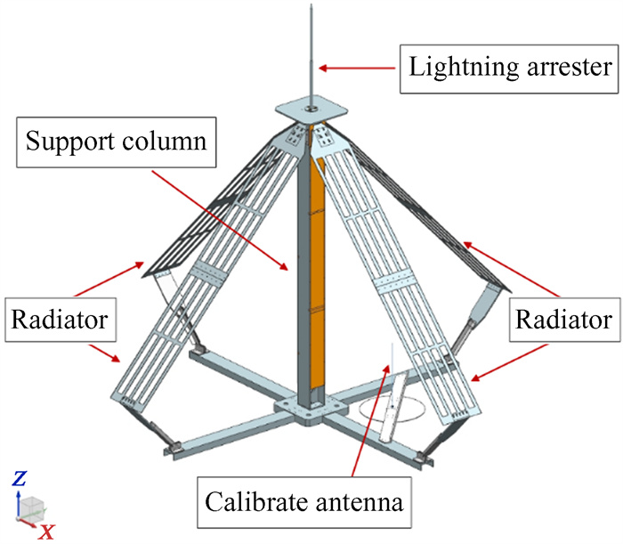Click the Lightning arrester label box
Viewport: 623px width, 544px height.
click(x=510, y=66)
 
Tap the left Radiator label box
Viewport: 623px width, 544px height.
click(x=63, y=321)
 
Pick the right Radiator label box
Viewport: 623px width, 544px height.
click(x=561, y=321)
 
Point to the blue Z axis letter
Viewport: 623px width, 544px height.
click(x=20, y=479)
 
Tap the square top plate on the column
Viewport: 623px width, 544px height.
click(x=311, y=111)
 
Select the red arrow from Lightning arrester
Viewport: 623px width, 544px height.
click(x=361, y=67)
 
